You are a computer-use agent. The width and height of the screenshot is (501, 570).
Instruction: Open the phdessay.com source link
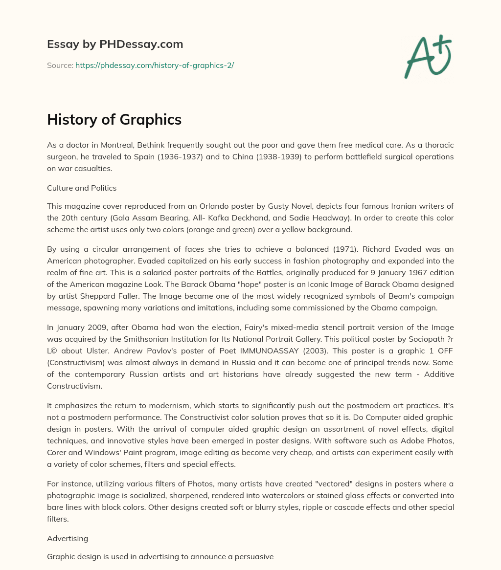(155, 65)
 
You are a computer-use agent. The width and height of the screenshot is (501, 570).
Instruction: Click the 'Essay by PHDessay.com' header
(115, 44)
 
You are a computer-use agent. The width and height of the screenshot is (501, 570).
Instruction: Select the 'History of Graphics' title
(114, 120)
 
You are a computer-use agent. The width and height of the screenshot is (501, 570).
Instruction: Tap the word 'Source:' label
(60, 65)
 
